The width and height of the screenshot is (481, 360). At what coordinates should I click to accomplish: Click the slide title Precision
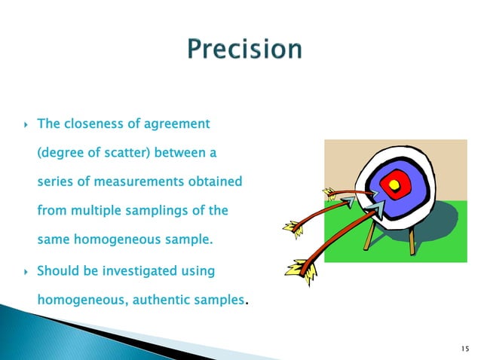point(244,50)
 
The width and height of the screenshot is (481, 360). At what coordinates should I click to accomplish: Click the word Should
point(57,270)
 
